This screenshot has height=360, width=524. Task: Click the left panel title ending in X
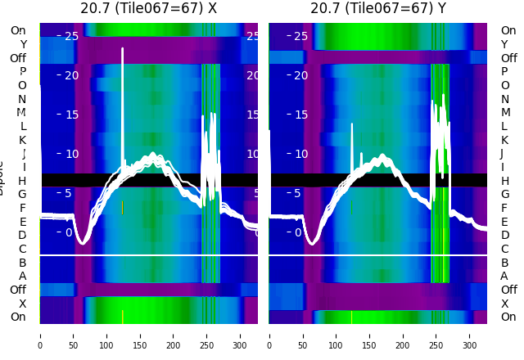148,8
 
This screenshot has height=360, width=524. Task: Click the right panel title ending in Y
377,8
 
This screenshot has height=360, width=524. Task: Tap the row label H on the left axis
22,181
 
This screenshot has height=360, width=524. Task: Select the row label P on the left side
22,72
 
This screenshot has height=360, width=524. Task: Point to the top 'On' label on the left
18,30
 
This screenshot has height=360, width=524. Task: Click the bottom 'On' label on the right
508,317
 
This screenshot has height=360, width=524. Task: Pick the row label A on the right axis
504,276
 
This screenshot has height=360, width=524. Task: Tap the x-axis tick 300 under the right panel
470,335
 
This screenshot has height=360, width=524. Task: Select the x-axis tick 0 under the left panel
39,335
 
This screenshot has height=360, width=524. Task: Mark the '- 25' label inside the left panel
68,36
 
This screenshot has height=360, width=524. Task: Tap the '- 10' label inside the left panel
68,154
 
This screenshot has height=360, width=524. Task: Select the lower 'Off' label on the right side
508,290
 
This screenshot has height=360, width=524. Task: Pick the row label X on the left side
22,304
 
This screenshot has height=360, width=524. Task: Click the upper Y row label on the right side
504,44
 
